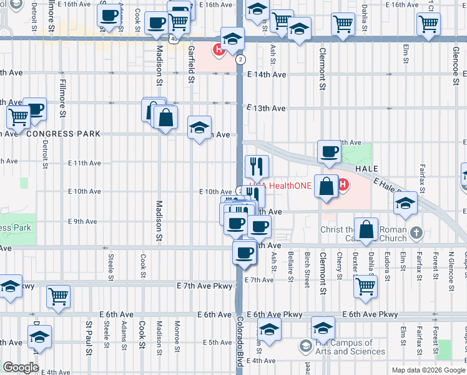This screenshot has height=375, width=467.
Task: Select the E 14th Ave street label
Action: [x=266, y=75]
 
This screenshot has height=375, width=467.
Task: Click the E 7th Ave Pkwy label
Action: [x=205, y=286]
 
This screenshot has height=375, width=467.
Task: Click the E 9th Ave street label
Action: [x=82, y=221]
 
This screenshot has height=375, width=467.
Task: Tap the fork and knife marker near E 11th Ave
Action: [x=257, y=166]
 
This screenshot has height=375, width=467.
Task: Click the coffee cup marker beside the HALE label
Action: [x=329, y=151]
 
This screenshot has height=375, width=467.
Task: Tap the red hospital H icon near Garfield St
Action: [x=219, y=49]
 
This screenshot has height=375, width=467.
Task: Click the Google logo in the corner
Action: [x=21, y=367]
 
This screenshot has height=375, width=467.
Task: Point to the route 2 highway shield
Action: [x=240, y=60]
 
